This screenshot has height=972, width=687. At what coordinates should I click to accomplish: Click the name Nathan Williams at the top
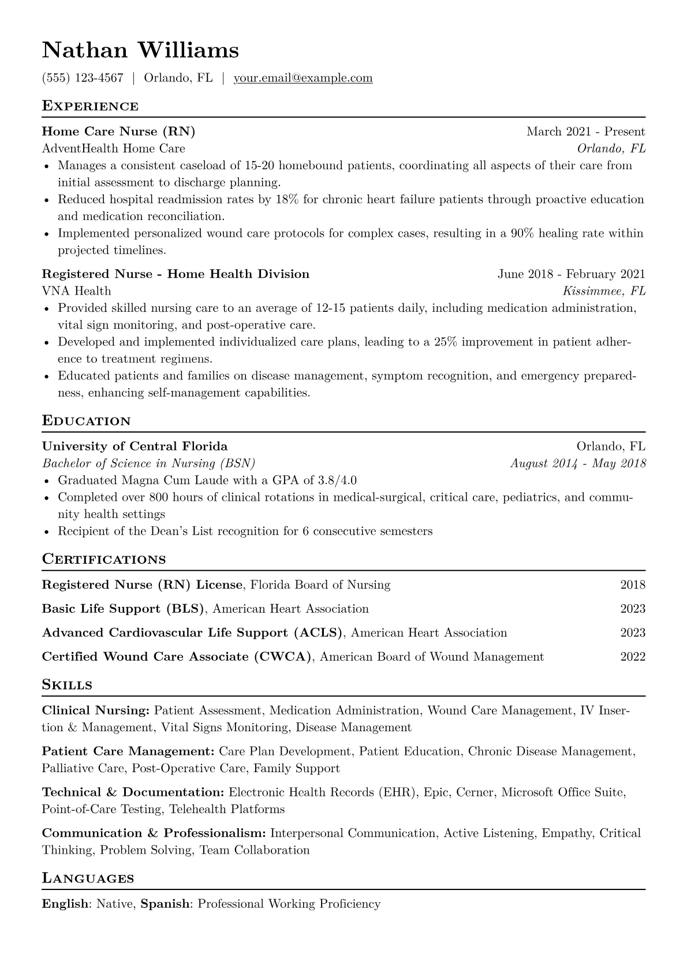pos(140,51)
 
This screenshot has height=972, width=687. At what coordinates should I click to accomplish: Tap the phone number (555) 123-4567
pos(83,78)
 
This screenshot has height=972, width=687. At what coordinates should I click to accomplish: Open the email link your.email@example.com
pos(303,78)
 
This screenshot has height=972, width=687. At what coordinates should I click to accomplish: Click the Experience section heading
pos(90,106)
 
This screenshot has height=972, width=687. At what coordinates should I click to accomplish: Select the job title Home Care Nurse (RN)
pos(118,132)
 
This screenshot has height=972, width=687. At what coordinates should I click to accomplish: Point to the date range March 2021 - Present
pos(585,132)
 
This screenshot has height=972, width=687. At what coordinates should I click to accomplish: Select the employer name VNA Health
pos(76,291)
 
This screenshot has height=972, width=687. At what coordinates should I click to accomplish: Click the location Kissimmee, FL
pos(604,291)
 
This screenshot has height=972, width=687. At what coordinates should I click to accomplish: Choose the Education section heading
pos(87,421)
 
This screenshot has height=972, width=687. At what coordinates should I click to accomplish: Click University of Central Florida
pos(135,446)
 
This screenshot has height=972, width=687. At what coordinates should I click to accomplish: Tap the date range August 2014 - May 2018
pos(578,464)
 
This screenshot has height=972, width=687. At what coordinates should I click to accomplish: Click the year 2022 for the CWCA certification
pos(633,657)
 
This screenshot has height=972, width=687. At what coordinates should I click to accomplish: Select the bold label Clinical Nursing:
pos(96,711)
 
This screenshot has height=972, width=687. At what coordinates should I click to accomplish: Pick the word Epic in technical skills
pos(436,792)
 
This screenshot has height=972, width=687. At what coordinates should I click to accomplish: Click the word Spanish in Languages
pos(165,904)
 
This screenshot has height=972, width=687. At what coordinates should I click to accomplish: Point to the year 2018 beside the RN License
pos(633,585)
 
